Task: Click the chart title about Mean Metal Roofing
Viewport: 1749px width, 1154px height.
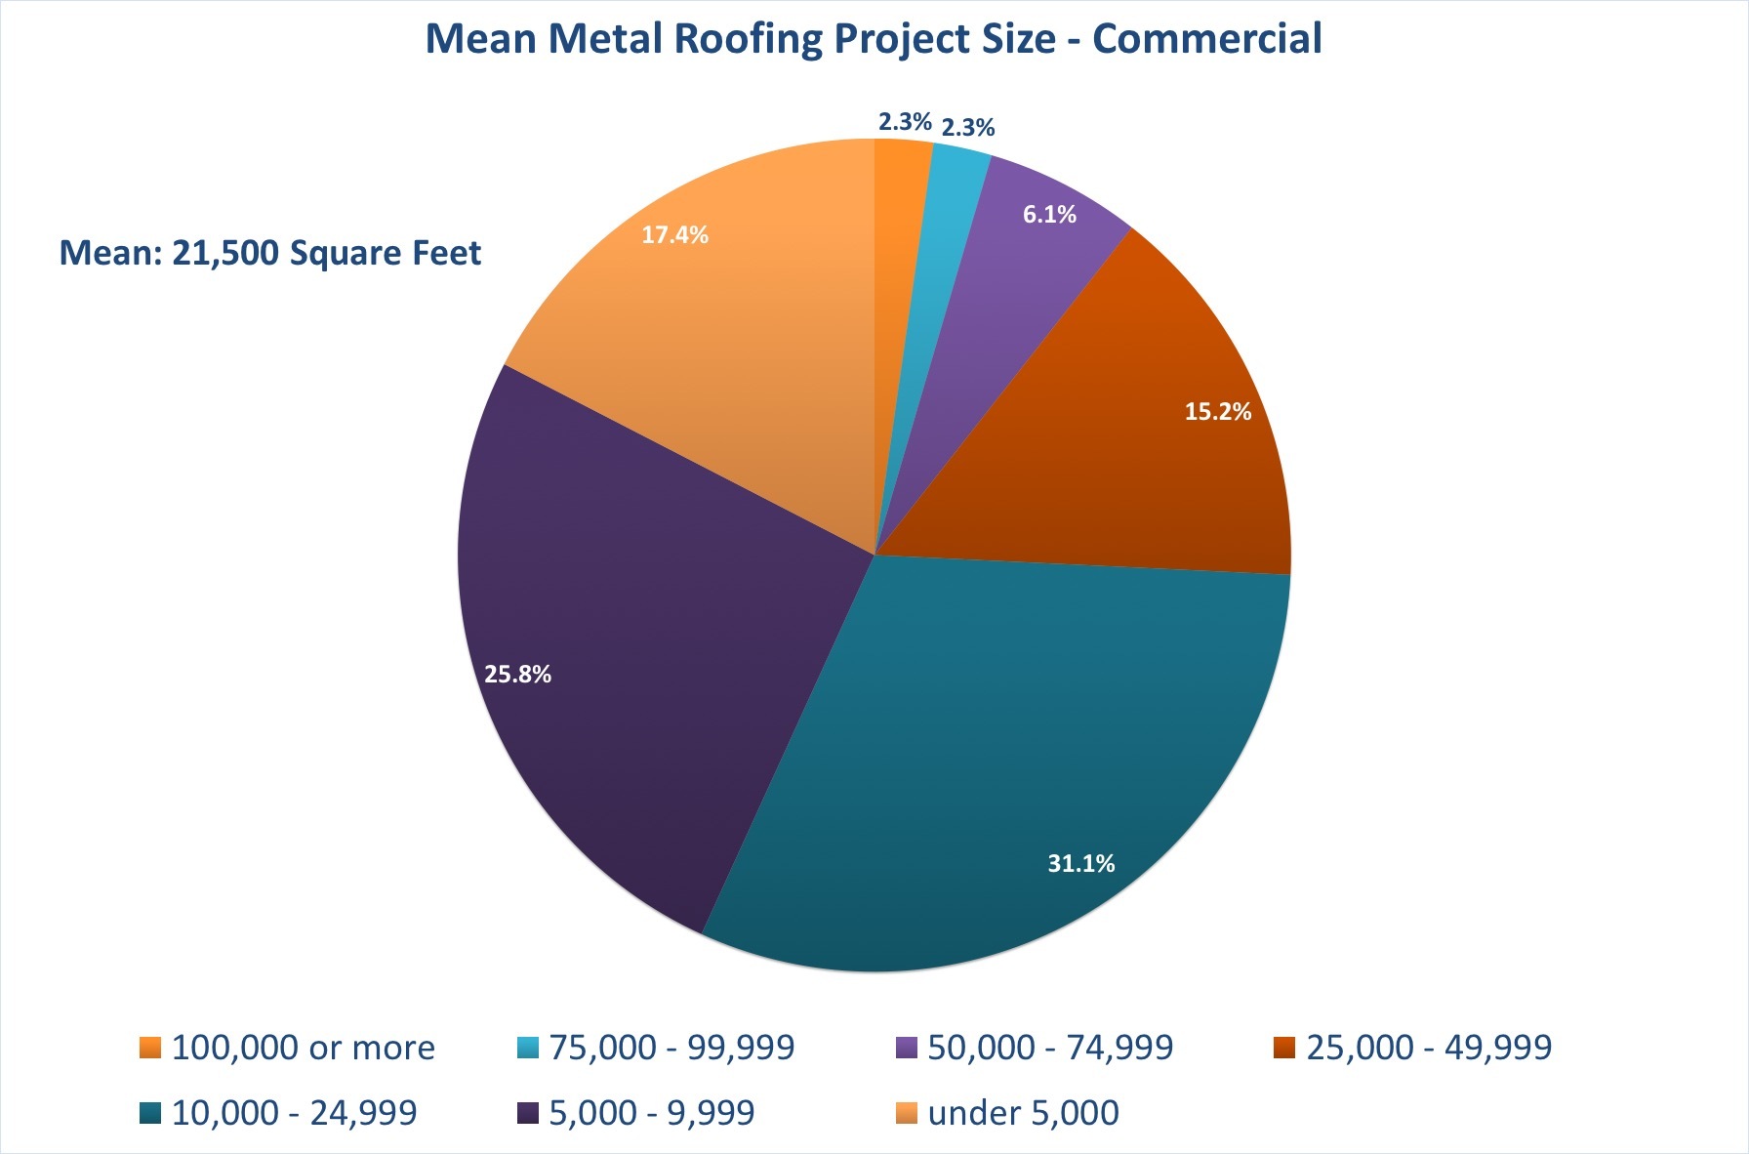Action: tap(874, 39)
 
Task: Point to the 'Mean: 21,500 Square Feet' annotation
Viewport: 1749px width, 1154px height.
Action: tap(270, 253)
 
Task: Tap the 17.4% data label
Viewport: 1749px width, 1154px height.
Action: tap(674, 235)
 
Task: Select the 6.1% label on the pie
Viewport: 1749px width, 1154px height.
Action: tap(1049, 215)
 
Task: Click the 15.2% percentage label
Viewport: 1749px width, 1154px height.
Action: tap(1217, 412)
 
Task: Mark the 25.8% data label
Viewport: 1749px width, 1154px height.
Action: tap(517, 675)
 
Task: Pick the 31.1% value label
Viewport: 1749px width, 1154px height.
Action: tap(1080, 863)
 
